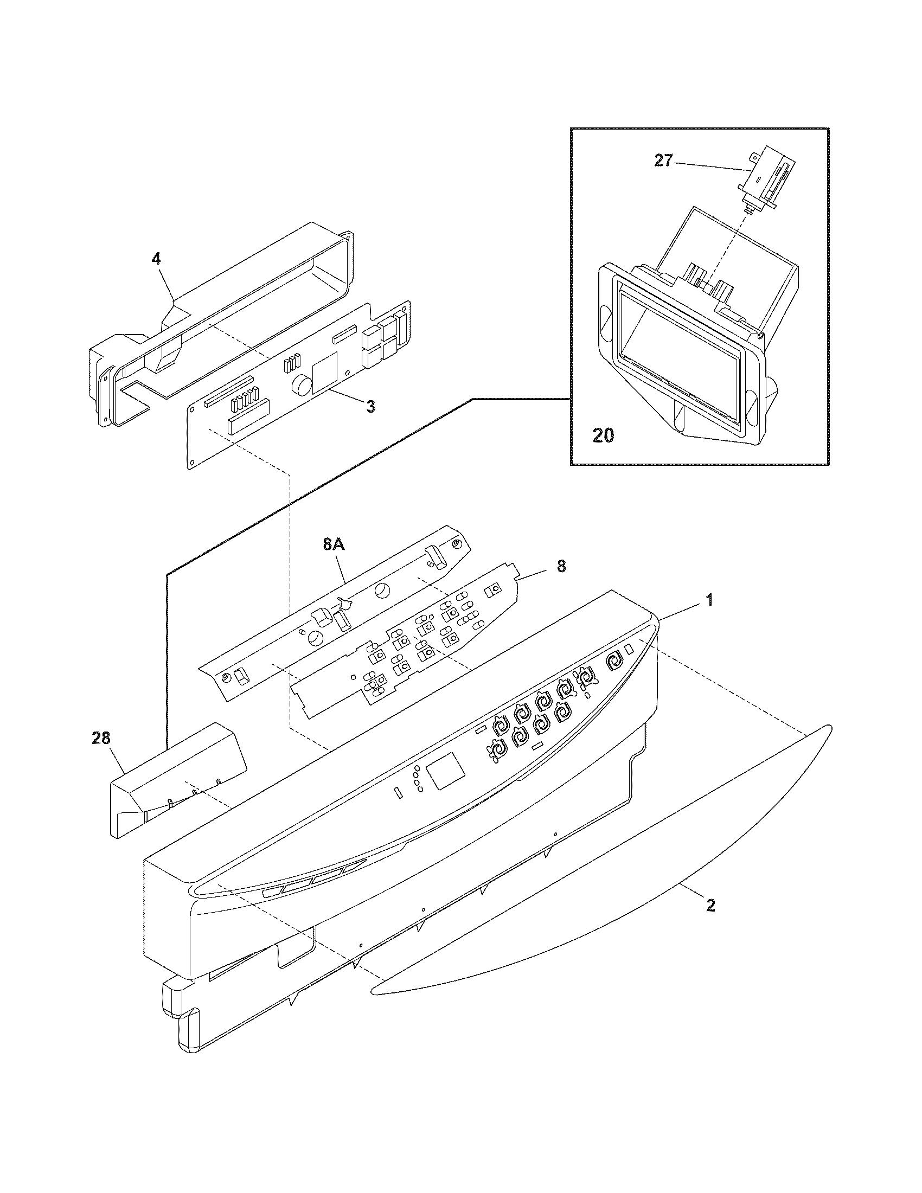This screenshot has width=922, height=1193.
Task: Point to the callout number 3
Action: tap(370, 406)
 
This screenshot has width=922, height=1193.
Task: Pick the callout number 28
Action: tap(101, 739)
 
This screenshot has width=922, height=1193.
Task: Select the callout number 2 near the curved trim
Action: tap(710, 906)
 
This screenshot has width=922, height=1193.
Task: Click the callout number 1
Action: tap(709, 601)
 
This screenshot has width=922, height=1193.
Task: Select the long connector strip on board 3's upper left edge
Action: tap(228, 392)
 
